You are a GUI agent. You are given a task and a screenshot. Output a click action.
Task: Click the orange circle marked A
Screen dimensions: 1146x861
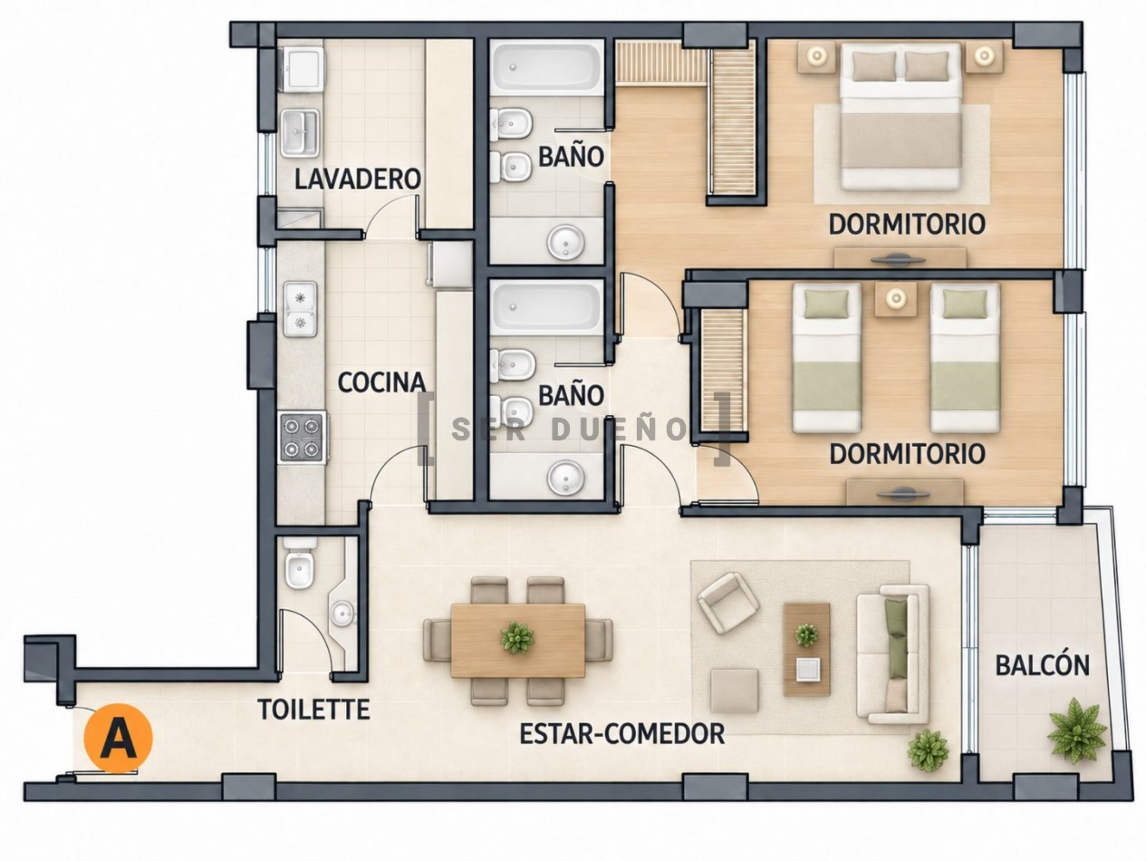119,737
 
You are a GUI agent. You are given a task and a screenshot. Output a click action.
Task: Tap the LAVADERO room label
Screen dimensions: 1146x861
358,179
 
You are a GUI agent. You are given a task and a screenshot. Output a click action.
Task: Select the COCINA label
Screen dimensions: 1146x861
381,382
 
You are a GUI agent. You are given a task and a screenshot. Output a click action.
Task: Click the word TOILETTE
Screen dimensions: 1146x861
314,709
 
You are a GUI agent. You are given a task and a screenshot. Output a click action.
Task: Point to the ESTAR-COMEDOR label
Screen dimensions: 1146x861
622,733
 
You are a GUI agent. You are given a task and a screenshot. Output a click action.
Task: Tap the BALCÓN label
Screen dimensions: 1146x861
1042,666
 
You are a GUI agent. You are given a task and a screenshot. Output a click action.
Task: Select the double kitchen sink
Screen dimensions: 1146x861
300,309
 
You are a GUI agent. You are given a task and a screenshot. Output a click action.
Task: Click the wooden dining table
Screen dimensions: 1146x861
518,640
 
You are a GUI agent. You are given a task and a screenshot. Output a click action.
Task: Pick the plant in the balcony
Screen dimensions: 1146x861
1076,731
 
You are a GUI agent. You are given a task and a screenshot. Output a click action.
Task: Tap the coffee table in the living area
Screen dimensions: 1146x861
806,650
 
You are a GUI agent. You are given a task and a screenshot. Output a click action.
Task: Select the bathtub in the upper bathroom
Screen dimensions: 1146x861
546,68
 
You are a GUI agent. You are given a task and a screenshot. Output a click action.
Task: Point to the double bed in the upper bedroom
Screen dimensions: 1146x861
900,116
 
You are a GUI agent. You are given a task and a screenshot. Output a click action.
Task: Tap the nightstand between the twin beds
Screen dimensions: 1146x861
897,299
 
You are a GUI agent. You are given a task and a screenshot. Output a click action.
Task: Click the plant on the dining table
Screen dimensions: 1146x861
517,637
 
